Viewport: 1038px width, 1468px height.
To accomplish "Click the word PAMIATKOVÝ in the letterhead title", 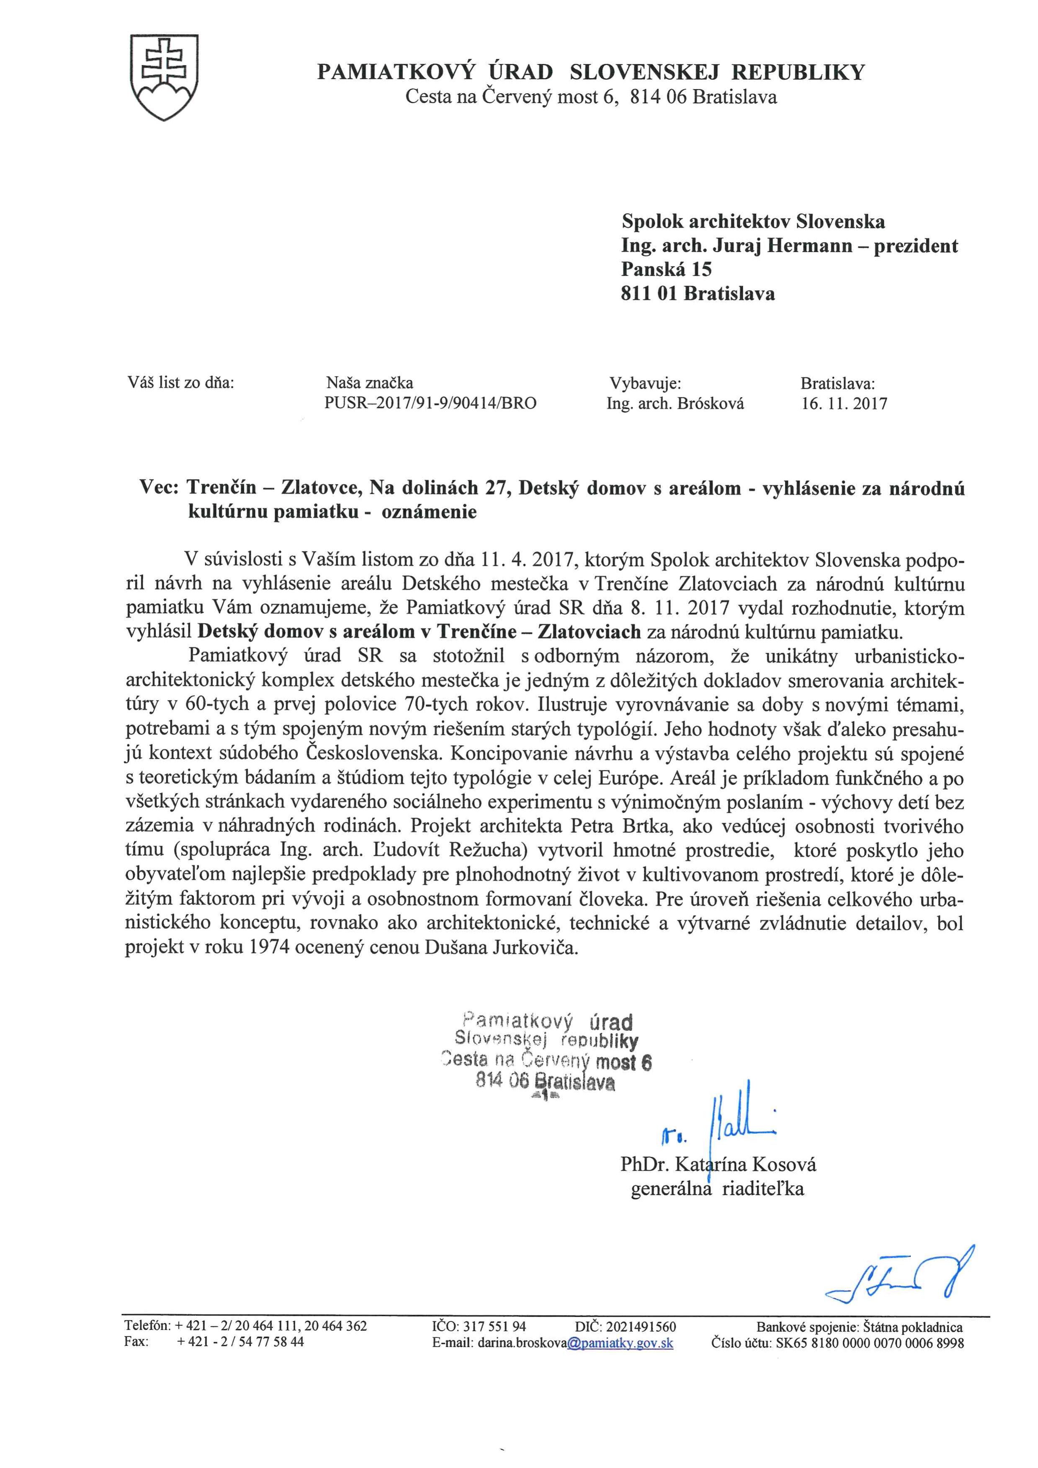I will point(397,72).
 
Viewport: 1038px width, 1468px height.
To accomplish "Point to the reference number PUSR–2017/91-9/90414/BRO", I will point(430,403).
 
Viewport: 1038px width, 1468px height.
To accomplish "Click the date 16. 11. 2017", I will point(844,403).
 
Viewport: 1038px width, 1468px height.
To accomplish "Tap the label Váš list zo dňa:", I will point(181,383).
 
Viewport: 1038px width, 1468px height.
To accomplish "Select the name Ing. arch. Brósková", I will point(675,403).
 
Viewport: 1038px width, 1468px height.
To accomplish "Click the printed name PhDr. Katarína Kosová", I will point(718,1164).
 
